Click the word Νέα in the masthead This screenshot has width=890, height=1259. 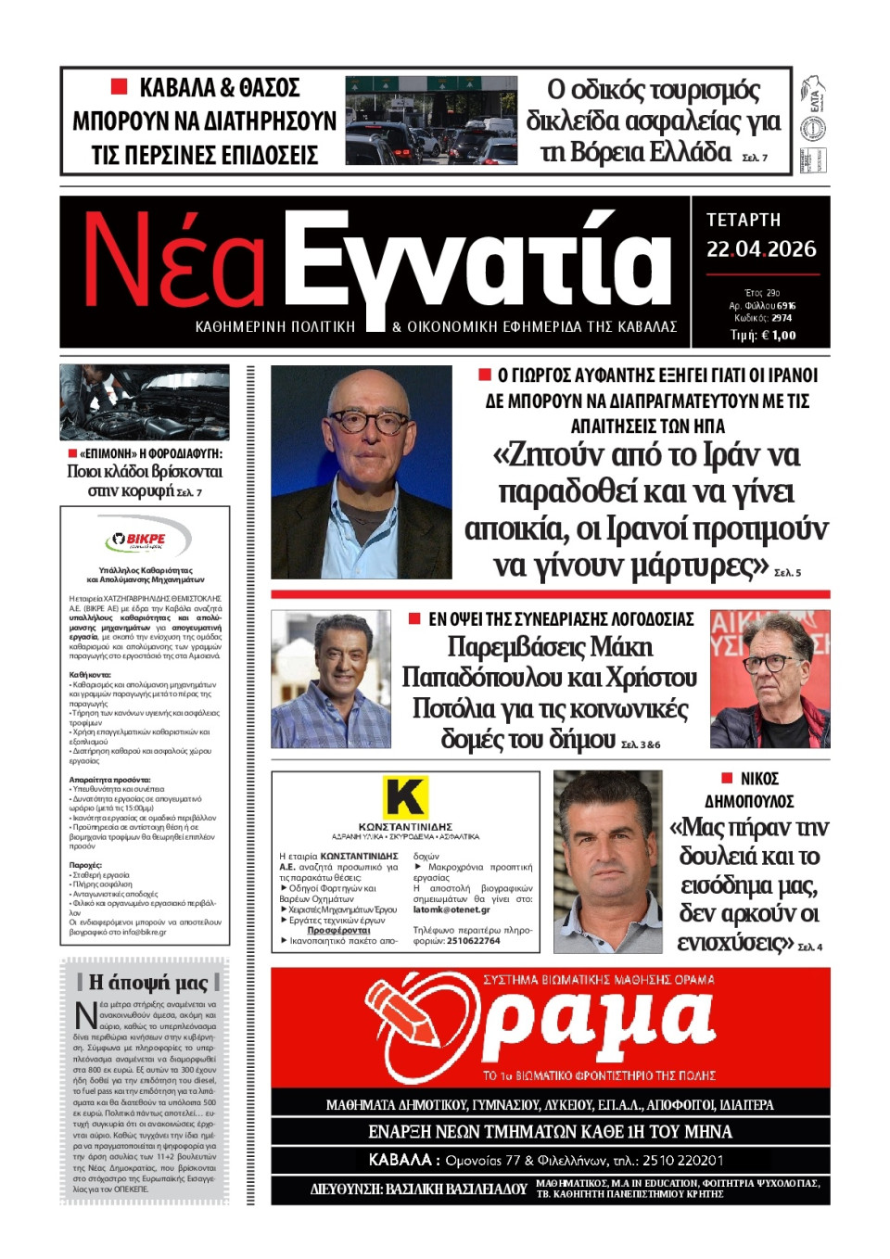[174, 261]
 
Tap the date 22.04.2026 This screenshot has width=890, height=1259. [761, 249]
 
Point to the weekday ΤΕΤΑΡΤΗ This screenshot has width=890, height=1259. [744, 221]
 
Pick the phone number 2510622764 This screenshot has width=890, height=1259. [473, 941]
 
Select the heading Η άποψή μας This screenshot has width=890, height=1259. [147, 982]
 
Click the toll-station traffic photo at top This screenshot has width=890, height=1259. [431, 121]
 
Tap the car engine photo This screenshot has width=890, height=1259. [144, 401]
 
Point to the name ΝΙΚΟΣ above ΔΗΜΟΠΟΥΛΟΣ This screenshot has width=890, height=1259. [759, 779]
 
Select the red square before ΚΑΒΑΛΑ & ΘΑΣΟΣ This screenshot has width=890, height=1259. [119, 87]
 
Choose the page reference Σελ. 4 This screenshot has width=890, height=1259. [810, 947]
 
